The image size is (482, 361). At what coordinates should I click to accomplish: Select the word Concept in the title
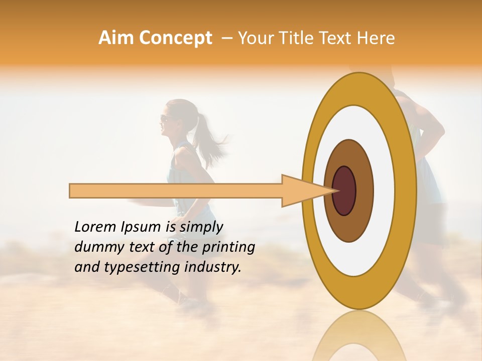point(175,38)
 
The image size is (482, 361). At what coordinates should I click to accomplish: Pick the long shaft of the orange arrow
point(176,191)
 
